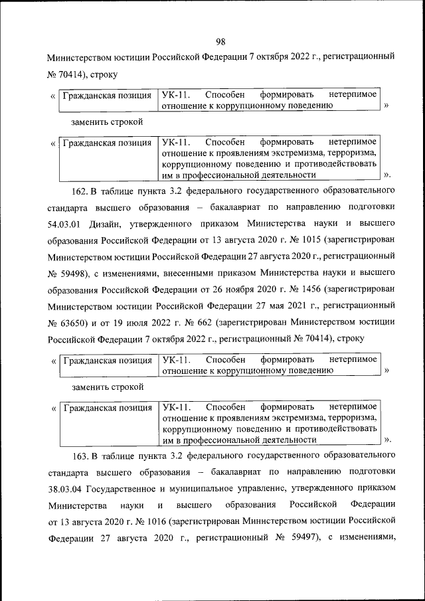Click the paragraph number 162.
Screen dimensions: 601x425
point(80,193)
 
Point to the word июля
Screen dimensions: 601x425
point(147,320)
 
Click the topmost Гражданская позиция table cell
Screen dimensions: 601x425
point(107,96)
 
